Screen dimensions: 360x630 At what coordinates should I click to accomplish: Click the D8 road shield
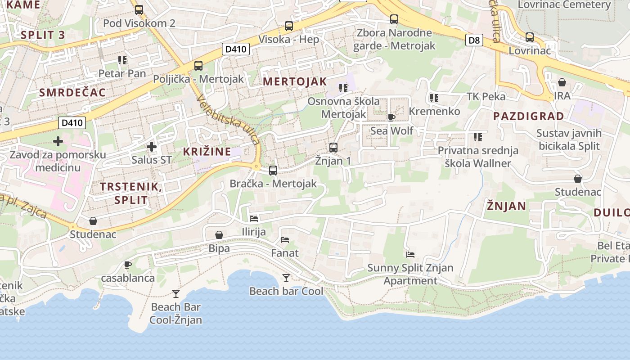click(474, 40)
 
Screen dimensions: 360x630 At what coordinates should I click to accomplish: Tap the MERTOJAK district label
click(295, 81)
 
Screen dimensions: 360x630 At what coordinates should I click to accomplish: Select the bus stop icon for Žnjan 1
click(333, 147)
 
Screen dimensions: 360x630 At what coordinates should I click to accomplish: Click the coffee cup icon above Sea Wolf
click(391, 117)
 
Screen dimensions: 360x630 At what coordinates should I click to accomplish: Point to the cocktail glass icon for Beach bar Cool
click(286, 278)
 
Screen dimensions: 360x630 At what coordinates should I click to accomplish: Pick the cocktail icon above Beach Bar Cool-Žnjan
click(176, 294)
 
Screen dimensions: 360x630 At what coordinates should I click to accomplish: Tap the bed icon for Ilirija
click(254, 219)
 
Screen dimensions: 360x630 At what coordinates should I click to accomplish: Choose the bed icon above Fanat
click(285, 240)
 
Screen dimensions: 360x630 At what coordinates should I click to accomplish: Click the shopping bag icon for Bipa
click(219, 235)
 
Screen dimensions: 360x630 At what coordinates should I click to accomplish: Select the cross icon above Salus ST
click(152, 146)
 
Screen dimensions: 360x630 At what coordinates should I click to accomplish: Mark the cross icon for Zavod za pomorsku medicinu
click(58, 141)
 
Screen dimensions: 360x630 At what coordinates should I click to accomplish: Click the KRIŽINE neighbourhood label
click(207, 152)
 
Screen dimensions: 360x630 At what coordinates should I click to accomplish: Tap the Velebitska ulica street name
click(228, 121)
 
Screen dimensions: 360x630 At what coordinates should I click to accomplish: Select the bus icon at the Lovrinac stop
click(530, 37)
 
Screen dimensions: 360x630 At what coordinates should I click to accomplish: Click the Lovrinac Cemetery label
click(564, 5)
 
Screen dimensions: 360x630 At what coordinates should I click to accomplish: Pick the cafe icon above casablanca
click(128, 265)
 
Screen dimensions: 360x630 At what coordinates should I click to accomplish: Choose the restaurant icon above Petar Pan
click(122, 60)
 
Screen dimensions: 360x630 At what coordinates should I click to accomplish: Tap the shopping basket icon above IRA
click(562, 82)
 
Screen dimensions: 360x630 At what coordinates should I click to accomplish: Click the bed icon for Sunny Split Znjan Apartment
click(410, 255)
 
